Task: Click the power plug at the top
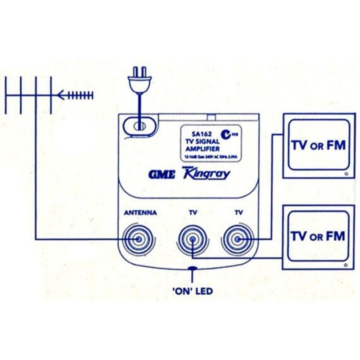(x=139, y=81)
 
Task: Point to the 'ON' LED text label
(x=192, y=292)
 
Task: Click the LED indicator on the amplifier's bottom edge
(x=192, y=270)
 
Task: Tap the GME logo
(x=161, y=175)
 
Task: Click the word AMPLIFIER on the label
(x=202, y=148)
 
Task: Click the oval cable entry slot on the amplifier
(x=139, y=126)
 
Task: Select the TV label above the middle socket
(x=192, y=212)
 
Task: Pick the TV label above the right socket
(x=237, y=212)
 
